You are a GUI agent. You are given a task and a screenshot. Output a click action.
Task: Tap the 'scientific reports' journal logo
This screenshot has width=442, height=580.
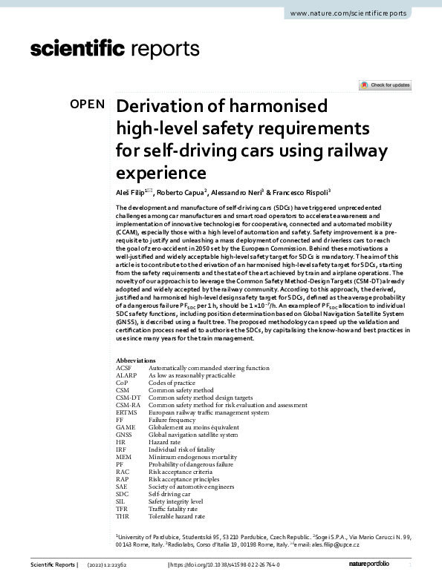114,50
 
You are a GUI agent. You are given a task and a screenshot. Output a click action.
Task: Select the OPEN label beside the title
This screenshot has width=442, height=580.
87,104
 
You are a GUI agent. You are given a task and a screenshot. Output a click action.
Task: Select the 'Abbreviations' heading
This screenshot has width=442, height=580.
136,360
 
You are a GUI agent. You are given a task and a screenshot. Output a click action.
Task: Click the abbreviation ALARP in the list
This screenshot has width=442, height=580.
127,375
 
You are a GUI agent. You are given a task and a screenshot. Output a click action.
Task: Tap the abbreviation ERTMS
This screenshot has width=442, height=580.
128,412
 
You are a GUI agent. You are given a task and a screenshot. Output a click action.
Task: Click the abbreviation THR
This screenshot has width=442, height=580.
124,516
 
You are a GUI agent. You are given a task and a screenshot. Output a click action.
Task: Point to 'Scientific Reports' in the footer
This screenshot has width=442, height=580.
53,565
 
